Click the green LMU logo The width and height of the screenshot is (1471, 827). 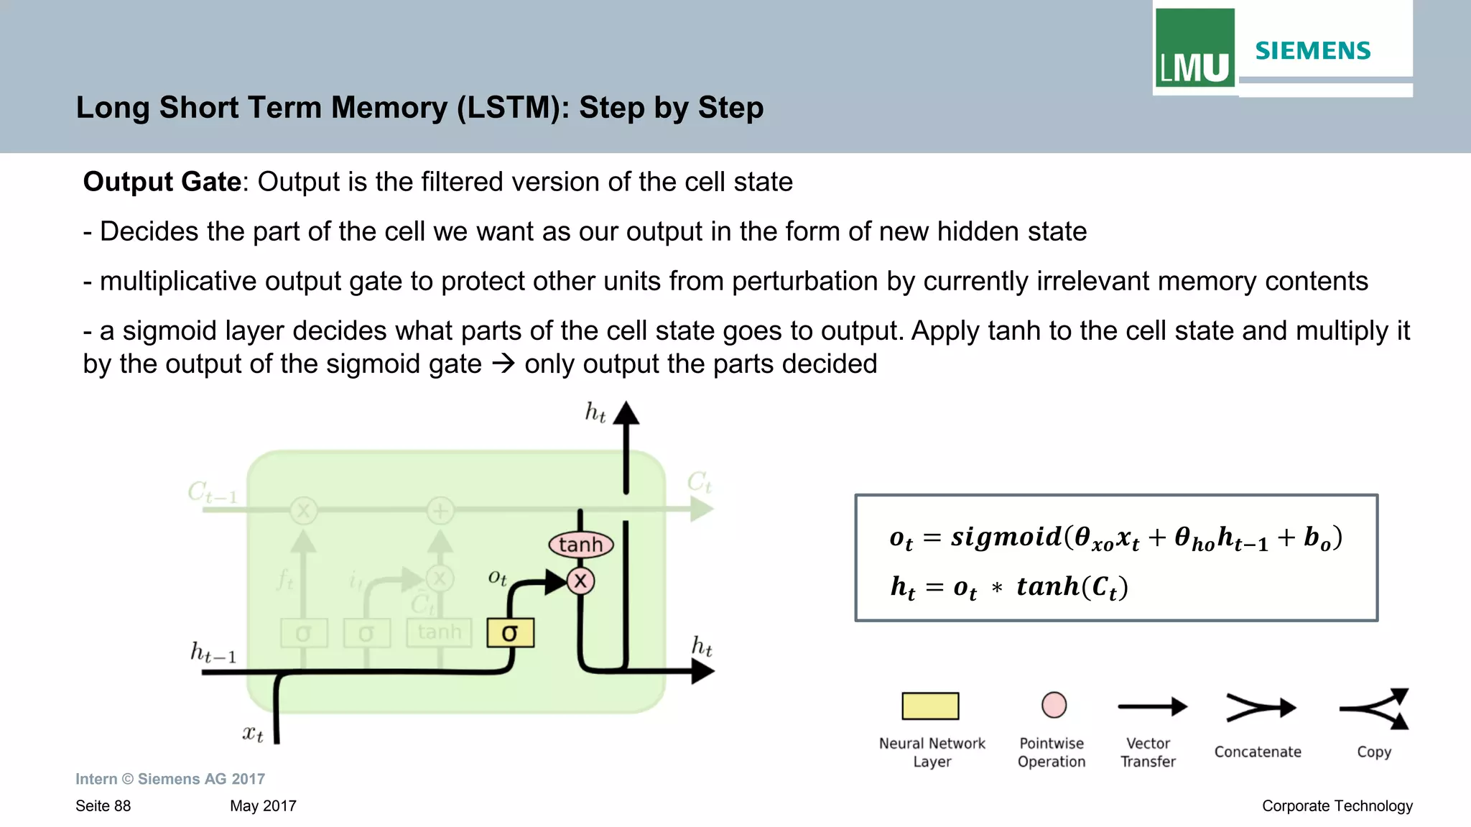click(1194, 48)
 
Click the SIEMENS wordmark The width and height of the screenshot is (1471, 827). click(1312, 51)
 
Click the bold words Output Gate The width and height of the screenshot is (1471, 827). click(162, 182)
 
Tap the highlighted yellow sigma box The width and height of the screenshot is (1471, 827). click(510, 633)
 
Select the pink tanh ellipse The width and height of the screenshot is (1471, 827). click(580, 545)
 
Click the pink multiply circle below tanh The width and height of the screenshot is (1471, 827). click(580, 581)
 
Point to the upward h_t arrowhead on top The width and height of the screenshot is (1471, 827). click(626, 412)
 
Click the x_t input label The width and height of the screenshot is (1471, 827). click(252, 734)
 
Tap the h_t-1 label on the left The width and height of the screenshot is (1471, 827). click(213, 652)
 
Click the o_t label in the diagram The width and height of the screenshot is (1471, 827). click(497, 577)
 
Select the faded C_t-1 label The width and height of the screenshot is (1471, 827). click(212, 493)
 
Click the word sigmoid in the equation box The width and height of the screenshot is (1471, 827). click(1006, 537)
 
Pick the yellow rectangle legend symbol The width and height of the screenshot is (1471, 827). click(930, 706)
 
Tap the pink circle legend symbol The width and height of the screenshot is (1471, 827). click(1054, 705)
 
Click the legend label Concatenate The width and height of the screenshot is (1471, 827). click(1257, 752)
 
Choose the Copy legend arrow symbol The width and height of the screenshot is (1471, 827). click(1375, 708)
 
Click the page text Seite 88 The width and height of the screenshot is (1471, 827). click(103, 806)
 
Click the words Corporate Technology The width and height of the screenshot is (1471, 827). click(1337, 806)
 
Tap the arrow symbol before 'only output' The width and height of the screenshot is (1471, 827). click(504, 364)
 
